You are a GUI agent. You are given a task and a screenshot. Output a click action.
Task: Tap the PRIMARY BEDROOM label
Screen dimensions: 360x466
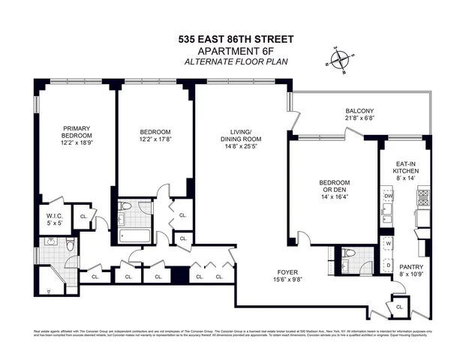coord(77,132)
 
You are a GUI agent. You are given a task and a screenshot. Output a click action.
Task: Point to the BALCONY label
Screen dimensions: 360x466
coord(360,111)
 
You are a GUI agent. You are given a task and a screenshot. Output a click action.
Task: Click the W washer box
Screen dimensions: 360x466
coord(389,244)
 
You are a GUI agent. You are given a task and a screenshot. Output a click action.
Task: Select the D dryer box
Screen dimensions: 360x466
coord(389,264)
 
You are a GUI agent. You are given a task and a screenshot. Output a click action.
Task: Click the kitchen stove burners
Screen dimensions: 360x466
coord(423,198)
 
